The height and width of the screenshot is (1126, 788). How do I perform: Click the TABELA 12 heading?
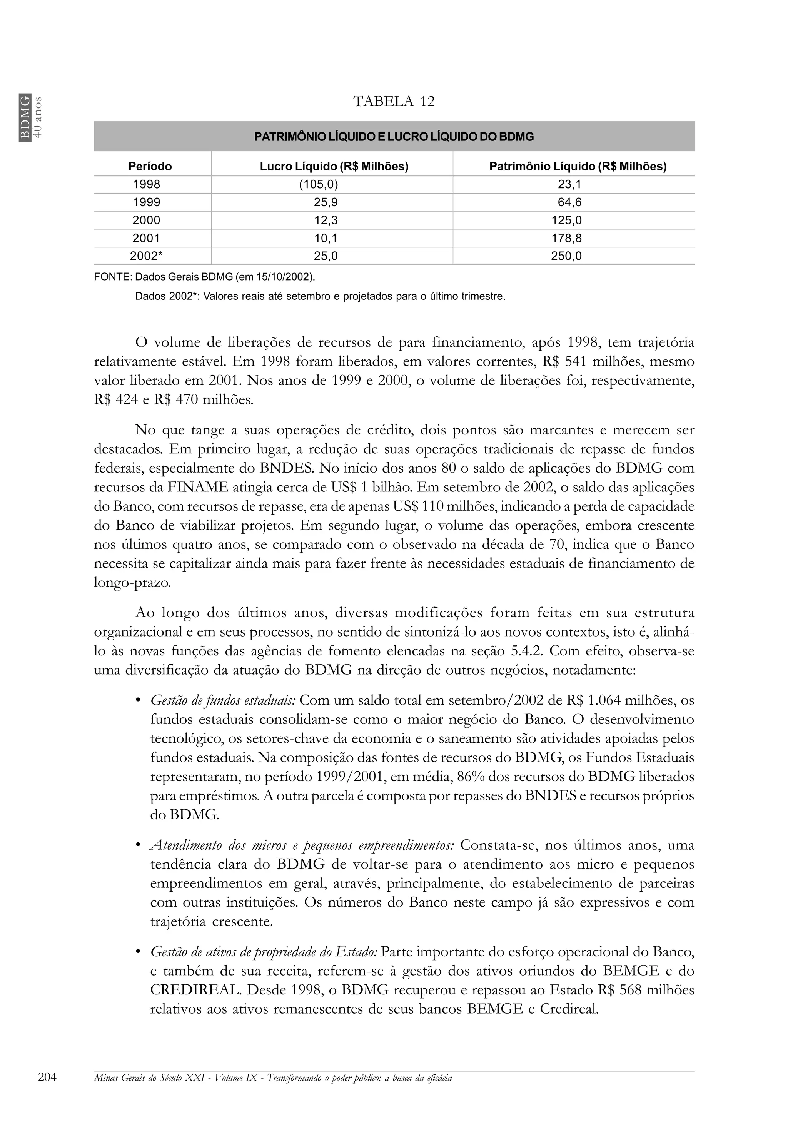click(394, 102)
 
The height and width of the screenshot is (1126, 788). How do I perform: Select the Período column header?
click(150, 167)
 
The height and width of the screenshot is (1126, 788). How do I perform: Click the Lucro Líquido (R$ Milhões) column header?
click(334, 167)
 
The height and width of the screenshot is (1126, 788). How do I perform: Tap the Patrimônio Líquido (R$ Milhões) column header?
click(578, 167)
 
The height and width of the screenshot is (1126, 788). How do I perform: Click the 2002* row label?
click(146, 256)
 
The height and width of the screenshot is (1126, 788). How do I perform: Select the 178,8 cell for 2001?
click(566, 238)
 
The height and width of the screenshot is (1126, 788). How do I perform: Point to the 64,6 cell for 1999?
click(570, 202)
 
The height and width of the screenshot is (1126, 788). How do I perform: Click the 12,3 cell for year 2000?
click(326, 221)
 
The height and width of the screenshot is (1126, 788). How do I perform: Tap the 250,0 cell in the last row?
click(566, 256)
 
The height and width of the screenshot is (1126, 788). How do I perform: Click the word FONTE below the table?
click(112, 277)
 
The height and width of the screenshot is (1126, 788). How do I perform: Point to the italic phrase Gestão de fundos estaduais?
click(223, 700)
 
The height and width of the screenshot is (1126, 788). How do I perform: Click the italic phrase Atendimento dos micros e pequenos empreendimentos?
click(302, 845)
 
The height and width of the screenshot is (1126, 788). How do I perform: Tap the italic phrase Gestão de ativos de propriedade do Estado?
click(263, 952)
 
